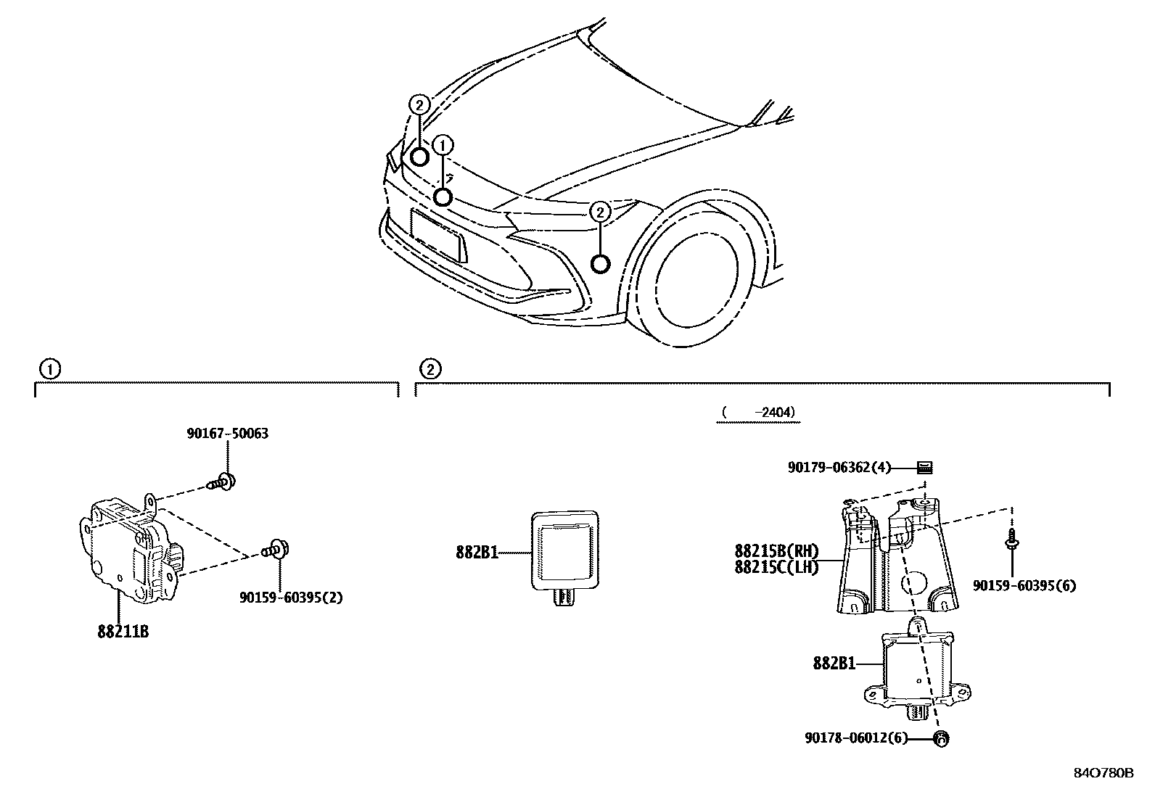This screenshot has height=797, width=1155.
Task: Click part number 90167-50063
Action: pyautogui.click(x=227, y=434)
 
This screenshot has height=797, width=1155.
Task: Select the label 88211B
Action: pyautogui.click(x=123, y=632)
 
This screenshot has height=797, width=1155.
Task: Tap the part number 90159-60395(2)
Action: pyautogui.click(x=290, y=598)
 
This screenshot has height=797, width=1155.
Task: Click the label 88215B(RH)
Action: pyautogui.click(x=776, y=551)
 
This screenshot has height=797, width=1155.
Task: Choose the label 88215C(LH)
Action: pyautogui.click(x=776, y=567)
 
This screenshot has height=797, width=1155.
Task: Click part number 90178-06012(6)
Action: pyautogui.click(x=855, y=738)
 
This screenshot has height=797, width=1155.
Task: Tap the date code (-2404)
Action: pyautogui.click(x=758, y=413)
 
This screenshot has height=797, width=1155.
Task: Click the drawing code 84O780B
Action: pyautogui.click(x=1103, y=773)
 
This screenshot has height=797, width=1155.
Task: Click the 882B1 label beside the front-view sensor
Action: pyautogui.click(x=477, y=553)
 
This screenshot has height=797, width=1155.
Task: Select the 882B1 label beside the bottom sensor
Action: pyautogui.click(x=834, y=663)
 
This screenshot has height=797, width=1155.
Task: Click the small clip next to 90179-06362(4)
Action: pyautogui.click(x=924, y=468)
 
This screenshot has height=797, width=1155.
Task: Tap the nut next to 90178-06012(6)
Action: pyautogui.click(x=941, y=739)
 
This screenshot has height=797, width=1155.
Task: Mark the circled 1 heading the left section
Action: pyautogui.click(x=49, y=370)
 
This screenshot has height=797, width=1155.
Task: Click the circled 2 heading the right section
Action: pyautogui.click(x=429, y=370)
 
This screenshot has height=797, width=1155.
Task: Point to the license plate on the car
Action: pyautogui.click(x=439, y=235)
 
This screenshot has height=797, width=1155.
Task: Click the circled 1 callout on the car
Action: pyautogui.click(x=443, y=145)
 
